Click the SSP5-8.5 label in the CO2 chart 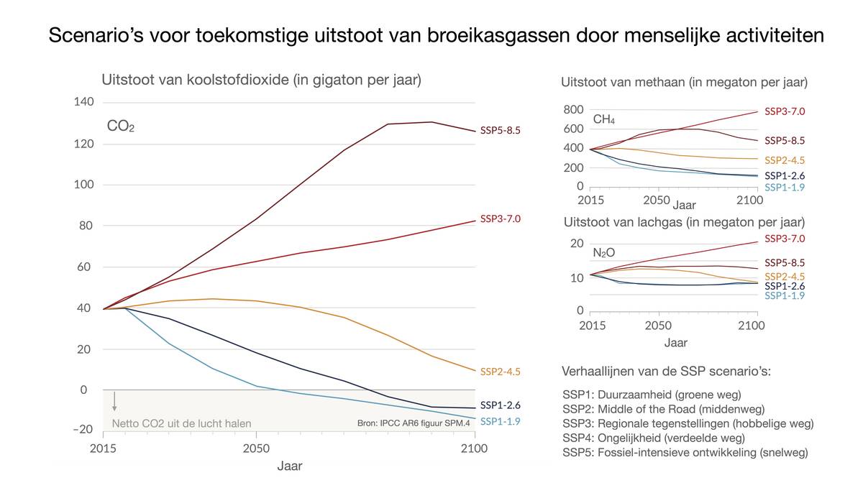click(x=500, y=130)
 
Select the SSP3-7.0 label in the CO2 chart click(x=500, y=218)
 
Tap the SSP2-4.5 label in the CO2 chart click(x=500, y=372)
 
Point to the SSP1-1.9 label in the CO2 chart click(x=500, y=421)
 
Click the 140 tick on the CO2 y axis click(x=83, y=102)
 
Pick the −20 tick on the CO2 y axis click(x=83, y=429)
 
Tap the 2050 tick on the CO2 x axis click(x=255, y=448)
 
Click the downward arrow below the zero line click(x=114, y=401)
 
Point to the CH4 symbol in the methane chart click(x=603, y=119)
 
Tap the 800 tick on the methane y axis click(x=573, y=109)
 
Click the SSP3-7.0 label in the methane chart click(x=784, y=111)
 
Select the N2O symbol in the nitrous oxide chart click(x=603, y=253)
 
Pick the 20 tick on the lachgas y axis click(x=576, y=244)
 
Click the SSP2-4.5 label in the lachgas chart click(x=784, y=276)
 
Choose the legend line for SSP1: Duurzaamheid click(x=652, y=395)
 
